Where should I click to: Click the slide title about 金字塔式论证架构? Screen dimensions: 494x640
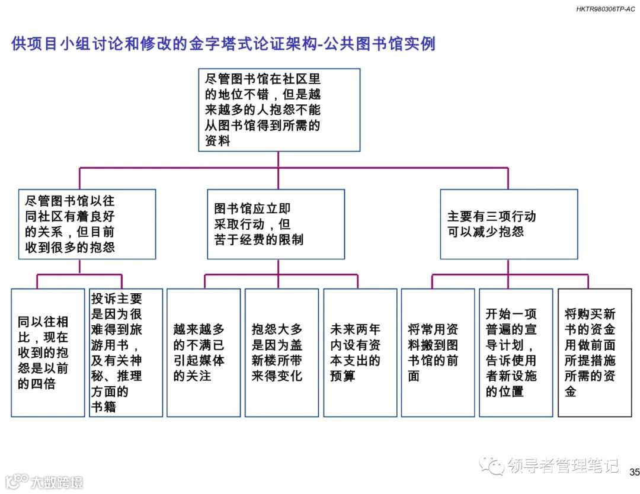point(223,44)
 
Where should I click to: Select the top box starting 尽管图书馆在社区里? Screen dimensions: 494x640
point(279,110)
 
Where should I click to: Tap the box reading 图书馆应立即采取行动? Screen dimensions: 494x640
point(276,224)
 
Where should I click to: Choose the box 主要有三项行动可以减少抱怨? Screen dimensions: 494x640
point(508,224)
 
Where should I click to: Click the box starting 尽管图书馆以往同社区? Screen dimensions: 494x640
point(87,224)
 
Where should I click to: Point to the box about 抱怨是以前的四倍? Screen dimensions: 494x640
point(48,352)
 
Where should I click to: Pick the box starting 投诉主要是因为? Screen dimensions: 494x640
point(126,352)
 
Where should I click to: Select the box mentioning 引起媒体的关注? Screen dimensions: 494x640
point(203,352)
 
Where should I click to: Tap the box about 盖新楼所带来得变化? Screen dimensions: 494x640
point(281,352)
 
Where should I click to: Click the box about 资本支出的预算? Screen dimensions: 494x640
point(360,352)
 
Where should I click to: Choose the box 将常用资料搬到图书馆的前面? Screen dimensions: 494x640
point(438,352)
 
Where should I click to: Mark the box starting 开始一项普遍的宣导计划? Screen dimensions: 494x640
point(516,352)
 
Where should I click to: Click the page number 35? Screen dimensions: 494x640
point(634,472)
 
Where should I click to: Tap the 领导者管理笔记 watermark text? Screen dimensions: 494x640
point(563,466)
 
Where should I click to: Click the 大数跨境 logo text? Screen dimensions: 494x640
point(57,482)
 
